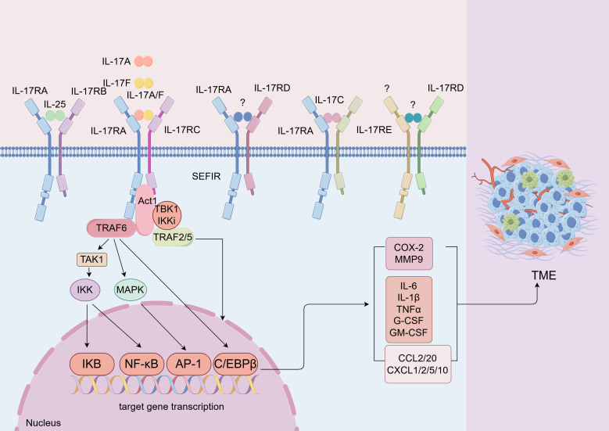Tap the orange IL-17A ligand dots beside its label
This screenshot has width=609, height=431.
point(144,61)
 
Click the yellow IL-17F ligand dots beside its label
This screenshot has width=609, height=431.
point(144,82)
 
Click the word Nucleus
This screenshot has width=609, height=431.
point(42,422)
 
